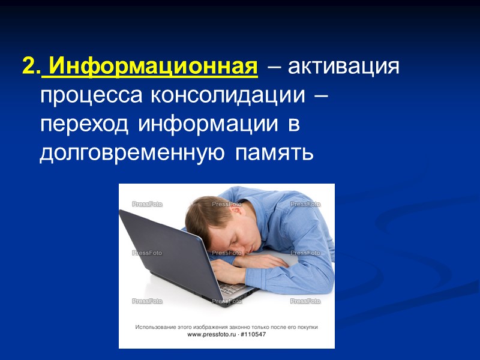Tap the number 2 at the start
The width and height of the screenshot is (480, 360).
click(x=28, y=65)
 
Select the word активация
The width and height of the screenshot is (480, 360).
click(x=343, y=65)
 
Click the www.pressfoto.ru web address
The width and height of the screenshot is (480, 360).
click(x=211, y=334)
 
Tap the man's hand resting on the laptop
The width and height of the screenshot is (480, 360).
click(x=231, y=273)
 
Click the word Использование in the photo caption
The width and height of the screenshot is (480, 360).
click(x=155, y=327)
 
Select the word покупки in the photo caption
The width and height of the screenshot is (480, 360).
click(x=304, y=327)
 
